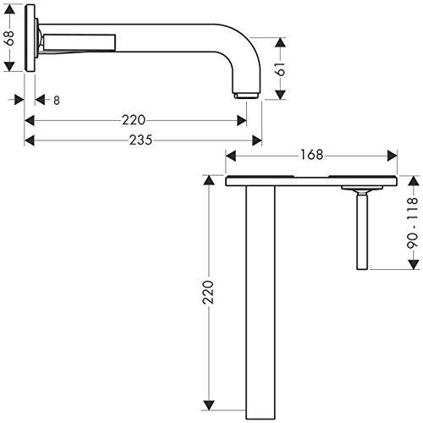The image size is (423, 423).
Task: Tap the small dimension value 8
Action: click(x=57, y=100)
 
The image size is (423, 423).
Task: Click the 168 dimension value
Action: click(x=310, y=155)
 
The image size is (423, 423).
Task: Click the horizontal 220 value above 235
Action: click(x=139, y=120)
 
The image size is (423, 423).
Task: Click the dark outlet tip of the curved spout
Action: click(x=245, y=94)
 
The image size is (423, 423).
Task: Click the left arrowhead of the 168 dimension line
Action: click(x=229, y=155)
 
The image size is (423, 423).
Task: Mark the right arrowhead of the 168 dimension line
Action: click(x=393, y=155)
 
